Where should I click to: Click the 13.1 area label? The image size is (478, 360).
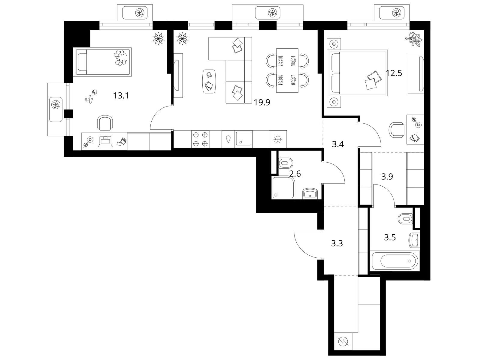tap(121, 95)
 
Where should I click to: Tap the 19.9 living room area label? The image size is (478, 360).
tap(262, 102)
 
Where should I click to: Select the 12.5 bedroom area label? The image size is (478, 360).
tap(394, 73)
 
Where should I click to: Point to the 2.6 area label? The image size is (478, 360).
tap(295, 174)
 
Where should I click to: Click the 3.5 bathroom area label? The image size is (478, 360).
tap(390, 237)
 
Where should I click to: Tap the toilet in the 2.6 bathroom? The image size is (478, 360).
tap(286, 163)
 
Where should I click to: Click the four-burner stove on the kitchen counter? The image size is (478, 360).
tap(200, 139)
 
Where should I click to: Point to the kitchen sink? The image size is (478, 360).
tap(244, 139)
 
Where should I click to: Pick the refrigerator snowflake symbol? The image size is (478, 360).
tap(278, 139)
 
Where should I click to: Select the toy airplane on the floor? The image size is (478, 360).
tap(89, 100)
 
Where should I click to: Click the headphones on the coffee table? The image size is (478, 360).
tap(209, 75)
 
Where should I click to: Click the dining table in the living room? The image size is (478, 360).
tap(287, 70)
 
